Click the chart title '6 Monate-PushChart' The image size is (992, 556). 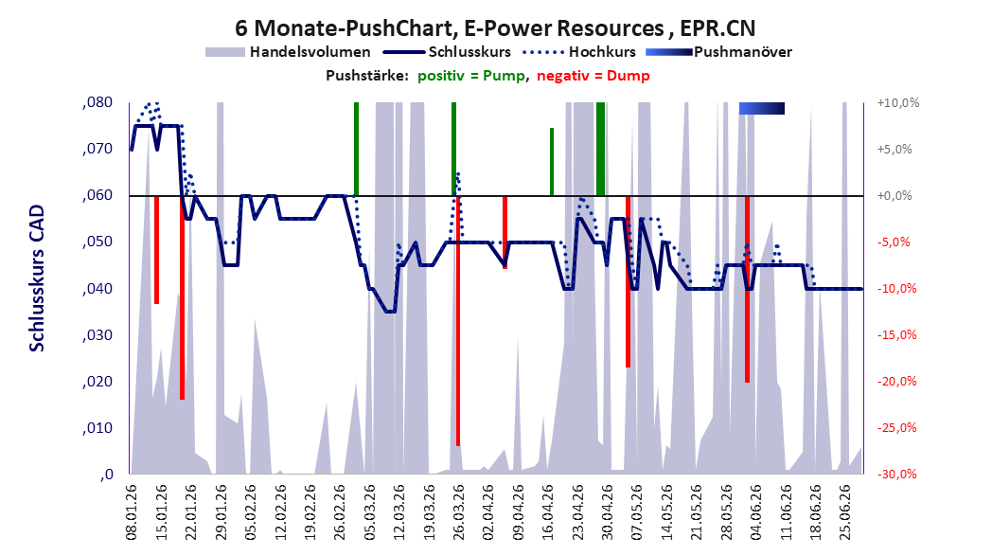345,28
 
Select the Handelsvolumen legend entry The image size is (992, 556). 288,52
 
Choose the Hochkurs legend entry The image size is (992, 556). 579,52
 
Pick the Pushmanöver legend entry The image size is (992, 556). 718,52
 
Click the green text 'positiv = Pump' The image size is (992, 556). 471,76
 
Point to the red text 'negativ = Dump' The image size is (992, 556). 593,76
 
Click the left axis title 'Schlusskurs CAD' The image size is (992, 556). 37,278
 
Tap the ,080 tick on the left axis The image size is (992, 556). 97,102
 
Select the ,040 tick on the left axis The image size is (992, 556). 97,289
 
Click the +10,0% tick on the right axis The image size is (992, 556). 898,102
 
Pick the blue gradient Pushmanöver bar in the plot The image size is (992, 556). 762,108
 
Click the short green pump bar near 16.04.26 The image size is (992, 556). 552,162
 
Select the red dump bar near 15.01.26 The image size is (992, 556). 156,250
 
